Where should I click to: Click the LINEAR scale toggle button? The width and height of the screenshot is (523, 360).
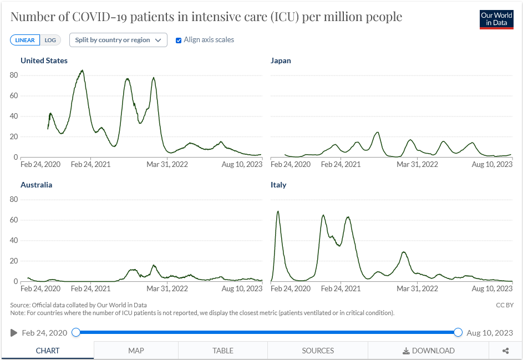click(25, 40)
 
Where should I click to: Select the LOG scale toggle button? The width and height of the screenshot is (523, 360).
click(50, 40)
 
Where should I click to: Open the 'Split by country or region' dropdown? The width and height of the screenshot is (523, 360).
click(118, 40)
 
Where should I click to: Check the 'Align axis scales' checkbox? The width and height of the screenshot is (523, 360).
click(179, 40)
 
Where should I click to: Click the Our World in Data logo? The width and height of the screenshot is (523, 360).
click(496, 19)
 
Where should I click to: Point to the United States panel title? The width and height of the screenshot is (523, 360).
click(44, 60)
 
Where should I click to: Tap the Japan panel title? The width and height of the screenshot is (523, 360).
click(281, 60)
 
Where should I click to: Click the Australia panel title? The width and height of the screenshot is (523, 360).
click(36, 185)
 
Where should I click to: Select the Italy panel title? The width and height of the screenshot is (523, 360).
click(278, 185)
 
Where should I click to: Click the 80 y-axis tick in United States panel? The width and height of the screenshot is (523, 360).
click(14, 75)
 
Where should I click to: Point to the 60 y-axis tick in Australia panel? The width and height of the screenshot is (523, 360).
click(14, 220)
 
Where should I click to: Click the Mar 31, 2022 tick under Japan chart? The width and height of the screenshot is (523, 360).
click(418, 164)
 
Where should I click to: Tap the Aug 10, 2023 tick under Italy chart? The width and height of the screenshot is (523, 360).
click(491, 288)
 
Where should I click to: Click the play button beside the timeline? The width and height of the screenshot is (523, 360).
click(14, 333)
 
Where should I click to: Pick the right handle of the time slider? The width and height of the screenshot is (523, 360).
click(458, 332)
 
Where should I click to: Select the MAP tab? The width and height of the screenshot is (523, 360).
click(136, 351)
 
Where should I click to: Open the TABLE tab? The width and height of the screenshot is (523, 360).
click(223, 351)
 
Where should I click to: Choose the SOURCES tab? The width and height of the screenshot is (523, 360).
click(318, 351)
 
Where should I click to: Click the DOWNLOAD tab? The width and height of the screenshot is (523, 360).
click(428, 351)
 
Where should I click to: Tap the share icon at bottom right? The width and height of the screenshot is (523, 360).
click(506, 351)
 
